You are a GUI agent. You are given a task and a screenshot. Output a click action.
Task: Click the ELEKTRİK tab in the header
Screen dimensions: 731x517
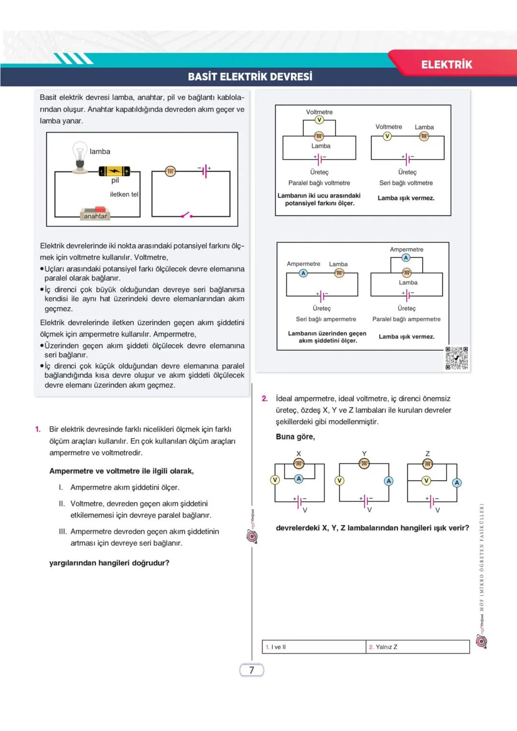pyautogui.click(x=446, y=65)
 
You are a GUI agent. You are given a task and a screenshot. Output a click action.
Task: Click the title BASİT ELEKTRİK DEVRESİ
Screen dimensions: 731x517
pyautogui.click(x=250, y=77)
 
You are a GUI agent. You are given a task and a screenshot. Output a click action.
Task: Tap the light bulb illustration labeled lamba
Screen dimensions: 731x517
pyautogui.click(x=80, y=156)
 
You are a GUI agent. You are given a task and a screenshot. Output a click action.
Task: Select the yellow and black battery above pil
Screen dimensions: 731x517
pyautogui.click(x=114, y=171)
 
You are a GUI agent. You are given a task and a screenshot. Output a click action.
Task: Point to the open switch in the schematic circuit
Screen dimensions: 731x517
pyautogui.click(x=186, y=214)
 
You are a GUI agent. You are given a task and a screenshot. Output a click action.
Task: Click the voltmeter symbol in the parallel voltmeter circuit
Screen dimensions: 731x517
pyautogui.click(x=319, y=120)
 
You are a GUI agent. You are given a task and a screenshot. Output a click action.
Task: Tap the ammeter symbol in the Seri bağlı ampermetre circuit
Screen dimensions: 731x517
pyautogui.click(x=303, y=273)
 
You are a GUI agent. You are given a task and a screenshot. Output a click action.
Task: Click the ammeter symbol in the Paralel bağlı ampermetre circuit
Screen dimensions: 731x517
pyautogui.click(x=406, y=258)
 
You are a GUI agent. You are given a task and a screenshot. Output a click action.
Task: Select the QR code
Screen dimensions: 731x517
pyautogui.click(x=456, y=358)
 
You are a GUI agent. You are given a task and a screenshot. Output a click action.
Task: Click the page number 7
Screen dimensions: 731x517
pyautogui.click(x=251, y=670)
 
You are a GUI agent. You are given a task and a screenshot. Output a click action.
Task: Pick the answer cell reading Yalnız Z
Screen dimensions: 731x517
pyautogui.click(x=417, y=647)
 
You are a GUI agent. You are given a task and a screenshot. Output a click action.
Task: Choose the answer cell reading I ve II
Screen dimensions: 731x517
pyautogui.click(x=314, y=647)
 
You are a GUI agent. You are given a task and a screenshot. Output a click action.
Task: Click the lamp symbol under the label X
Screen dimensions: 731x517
pyautogui.click(x=299, y=463)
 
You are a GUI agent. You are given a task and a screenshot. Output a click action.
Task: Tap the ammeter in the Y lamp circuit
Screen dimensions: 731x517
pyautogui.click(x=389, y=481)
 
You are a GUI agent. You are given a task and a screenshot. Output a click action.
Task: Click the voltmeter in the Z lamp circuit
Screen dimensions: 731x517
pyautogui.click(x=426, y=481)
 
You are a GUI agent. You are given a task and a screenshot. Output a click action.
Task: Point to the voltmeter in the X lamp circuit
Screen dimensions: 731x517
pyautogui.click(x=275, y=480)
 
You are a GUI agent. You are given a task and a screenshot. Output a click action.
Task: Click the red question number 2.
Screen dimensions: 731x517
pyautogui.click(x=265, y=399)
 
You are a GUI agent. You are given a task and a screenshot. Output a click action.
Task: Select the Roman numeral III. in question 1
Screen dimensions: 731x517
pyautogui.click(x=63, y=531)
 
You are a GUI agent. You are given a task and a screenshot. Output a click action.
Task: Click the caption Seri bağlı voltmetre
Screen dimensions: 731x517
pyautogui.click(x=406, y=183)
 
